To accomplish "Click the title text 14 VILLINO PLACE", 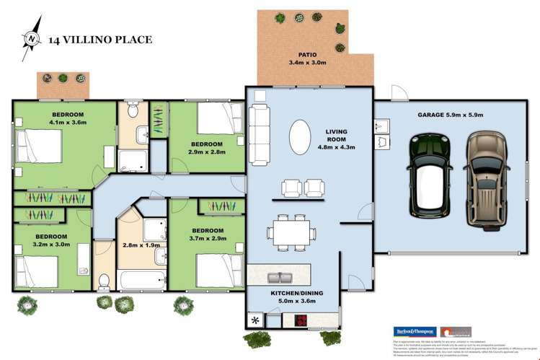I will (100, 40).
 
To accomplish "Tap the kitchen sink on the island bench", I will (278, 276).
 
